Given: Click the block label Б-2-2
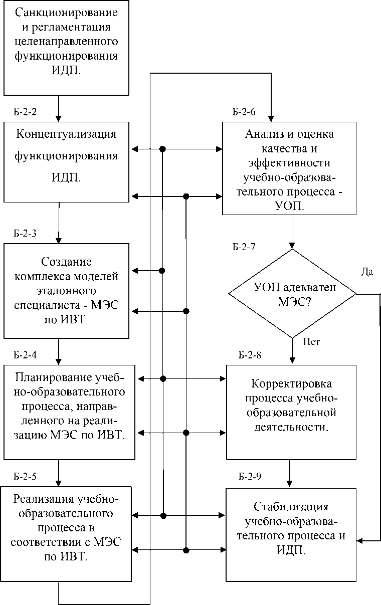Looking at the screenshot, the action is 25,112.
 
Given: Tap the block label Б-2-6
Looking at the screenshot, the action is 244,112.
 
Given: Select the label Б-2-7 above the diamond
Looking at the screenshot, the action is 244,247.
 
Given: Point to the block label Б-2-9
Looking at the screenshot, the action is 250,477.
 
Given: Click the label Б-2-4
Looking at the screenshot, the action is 25,355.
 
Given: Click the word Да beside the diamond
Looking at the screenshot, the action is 367,272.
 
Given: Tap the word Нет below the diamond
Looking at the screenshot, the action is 311,342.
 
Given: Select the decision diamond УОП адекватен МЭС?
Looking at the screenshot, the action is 292,294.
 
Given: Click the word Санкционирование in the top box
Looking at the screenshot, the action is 66,13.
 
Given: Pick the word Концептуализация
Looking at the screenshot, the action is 66,134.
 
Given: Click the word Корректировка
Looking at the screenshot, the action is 292,384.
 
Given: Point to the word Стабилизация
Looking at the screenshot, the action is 291,507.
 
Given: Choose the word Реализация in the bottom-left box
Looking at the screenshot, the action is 44,499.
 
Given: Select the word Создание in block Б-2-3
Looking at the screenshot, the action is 66,262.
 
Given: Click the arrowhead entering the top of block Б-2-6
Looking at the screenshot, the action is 271,119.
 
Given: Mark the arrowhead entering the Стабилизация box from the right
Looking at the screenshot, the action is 360,541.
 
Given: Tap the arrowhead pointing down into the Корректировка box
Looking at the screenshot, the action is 292,360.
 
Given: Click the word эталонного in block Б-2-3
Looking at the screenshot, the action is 66,291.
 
